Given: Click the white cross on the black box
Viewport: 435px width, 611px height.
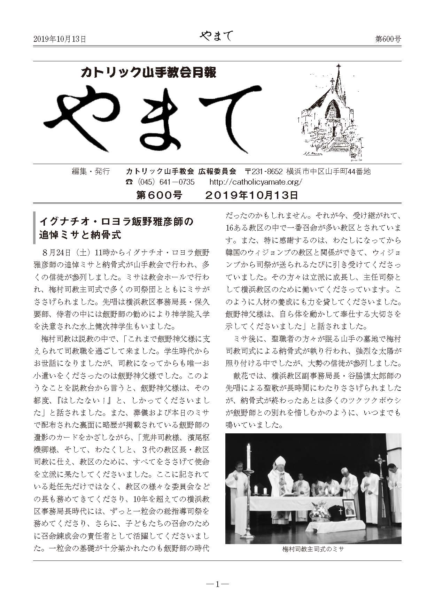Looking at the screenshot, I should click(x=341, y=511).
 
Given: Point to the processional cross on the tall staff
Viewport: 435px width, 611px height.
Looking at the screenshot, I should click(x=380, y=461).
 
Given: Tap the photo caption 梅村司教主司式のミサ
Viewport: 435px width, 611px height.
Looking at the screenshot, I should click(x=313, y=549).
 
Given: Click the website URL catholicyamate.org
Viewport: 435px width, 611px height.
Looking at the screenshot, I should click(x=256, y=182).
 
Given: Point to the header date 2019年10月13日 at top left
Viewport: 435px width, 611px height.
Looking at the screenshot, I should click(x=60, y=39).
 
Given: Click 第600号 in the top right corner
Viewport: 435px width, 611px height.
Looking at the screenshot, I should click(x=388, y=39).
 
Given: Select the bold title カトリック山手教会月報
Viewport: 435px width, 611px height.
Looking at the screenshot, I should click(x=148, y=73).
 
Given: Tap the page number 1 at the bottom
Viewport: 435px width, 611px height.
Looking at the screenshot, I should click(x=217, y=585).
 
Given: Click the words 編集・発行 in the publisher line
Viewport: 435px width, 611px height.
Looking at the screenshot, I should click(x=91, y=171).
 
